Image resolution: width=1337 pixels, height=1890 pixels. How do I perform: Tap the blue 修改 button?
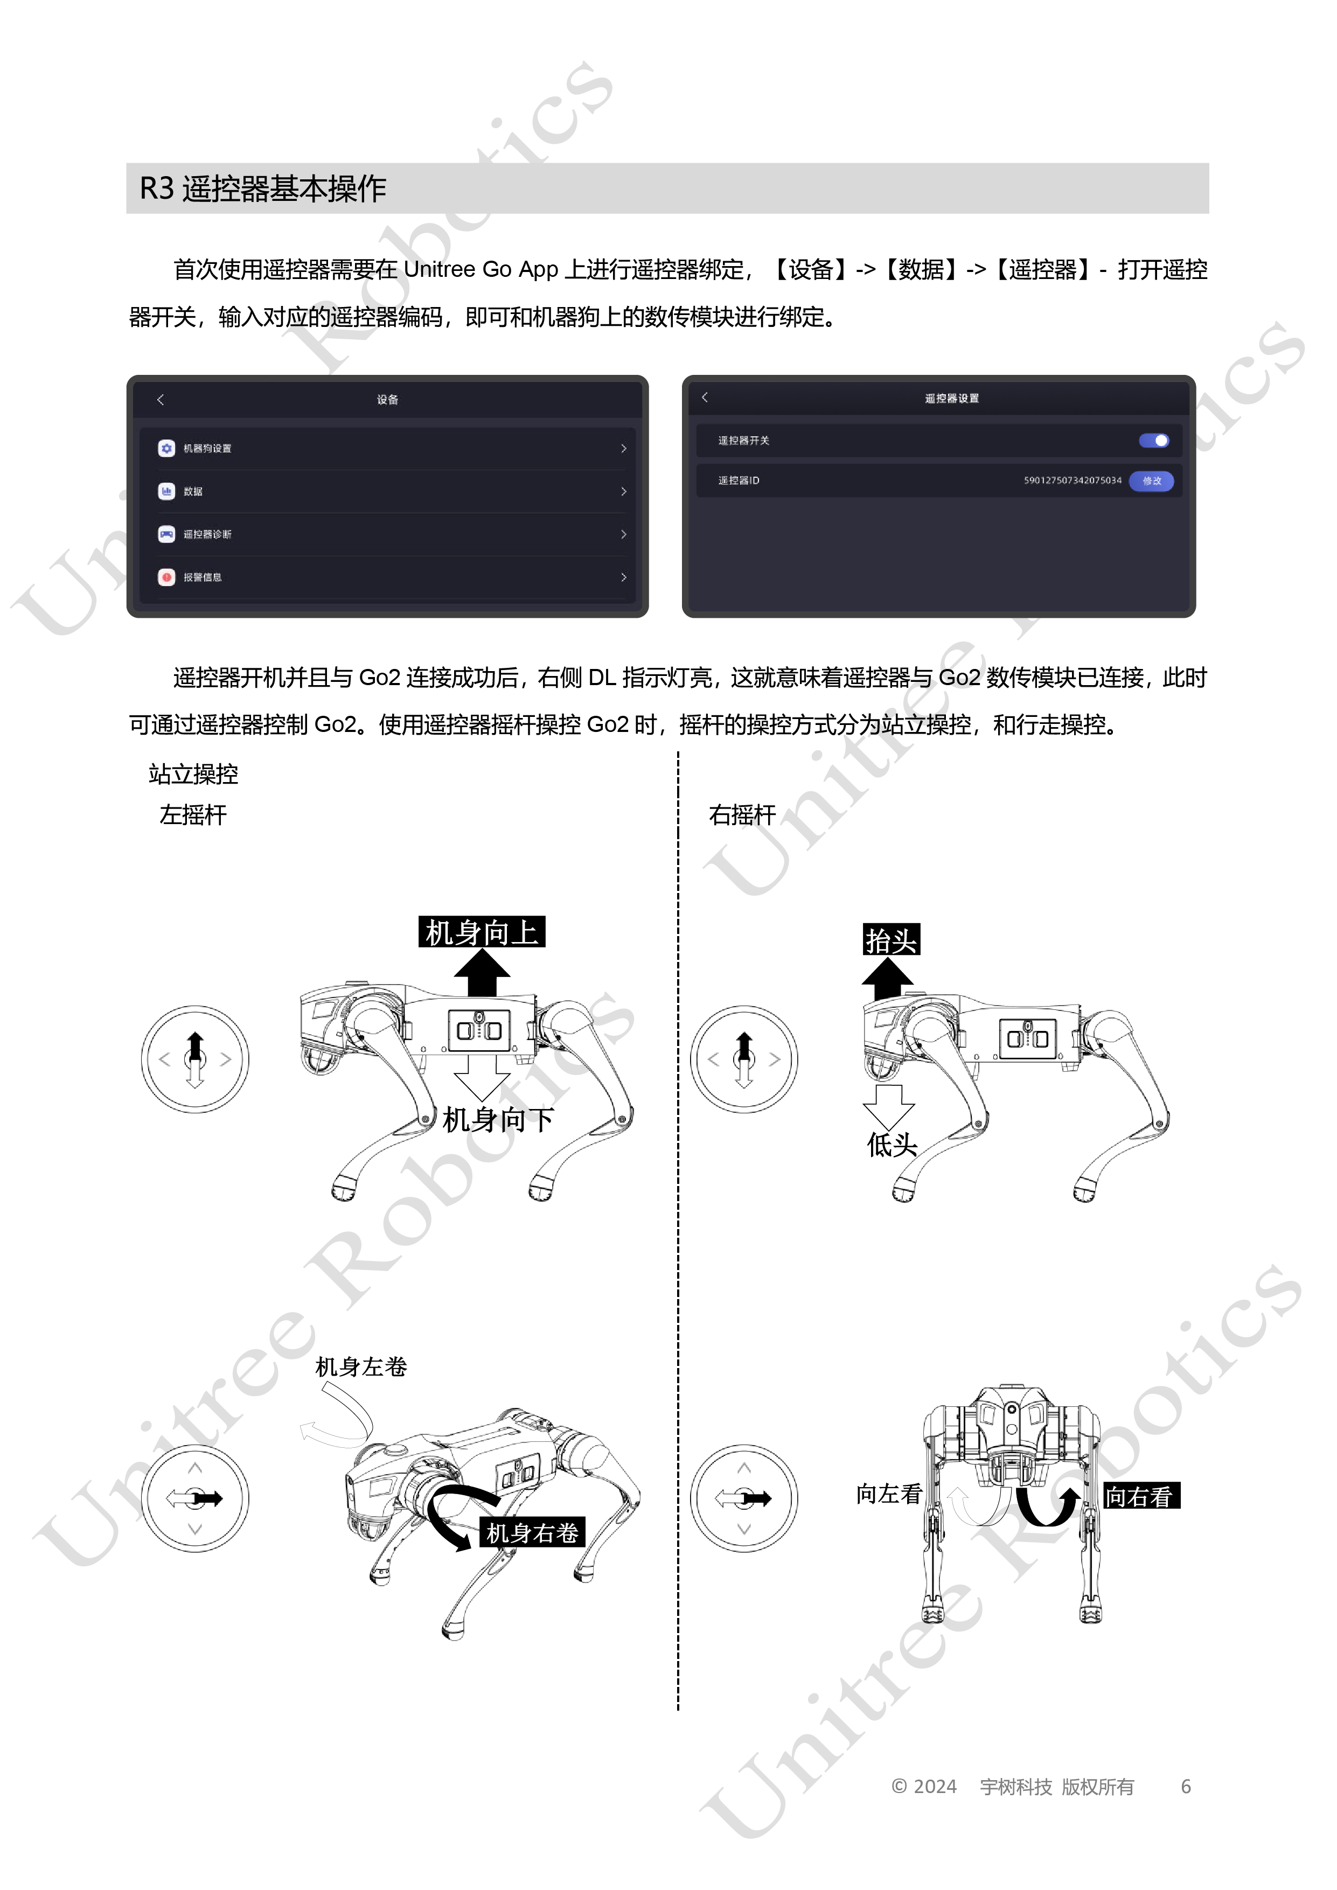[1151, 481]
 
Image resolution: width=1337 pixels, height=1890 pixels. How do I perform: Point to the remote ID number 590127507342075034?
[1072, 481]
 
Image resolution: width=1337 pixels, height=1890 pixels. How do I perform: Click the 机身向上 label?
[482, 932]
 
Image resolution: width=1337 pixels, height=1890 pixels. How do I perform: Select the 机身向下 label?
[498, 1120]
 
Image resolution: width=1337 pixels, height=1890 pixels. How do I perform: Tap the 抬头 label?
[891, 939]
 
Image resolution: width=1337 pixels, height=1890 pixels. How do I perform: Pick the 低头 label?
[892, 1145]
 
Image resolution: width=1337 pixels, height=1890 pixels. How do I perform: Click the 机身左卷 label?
[361, 1366]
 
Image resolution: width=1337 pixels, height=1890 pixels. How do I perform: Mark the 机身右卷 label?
[532, 1533]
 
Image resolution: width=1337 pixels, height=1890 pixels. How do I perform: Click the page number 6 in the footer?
[1186, 1786]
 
